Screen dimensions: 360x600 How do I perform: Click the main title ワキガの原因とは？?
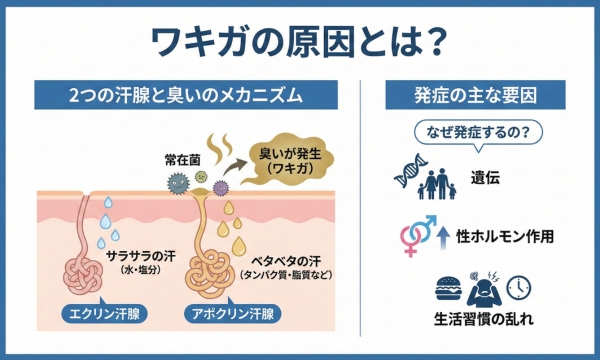click(299, 39)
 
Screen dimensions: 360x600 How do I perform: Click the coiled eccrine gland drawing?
click(83, 270)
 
